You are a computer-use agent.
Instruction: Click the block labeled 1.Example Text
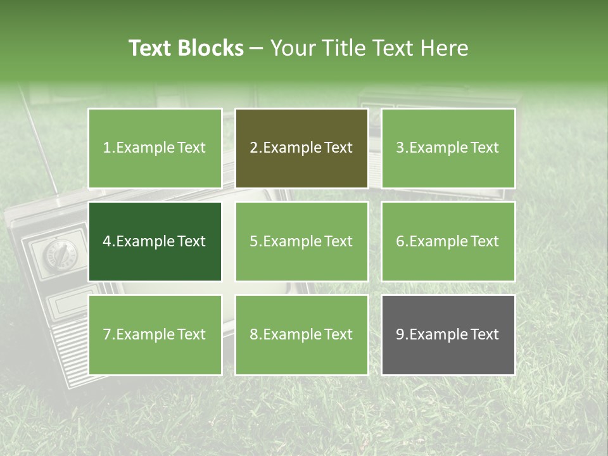(155, 148)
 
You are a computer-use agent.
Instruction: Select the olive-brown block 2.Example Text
(301, 148)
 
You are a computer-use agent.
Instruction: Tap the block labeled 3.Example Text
(448, 148)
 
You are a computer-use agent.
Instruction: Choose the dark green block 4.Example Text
(155, 241)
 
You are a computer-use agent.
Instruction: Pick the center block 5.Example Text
(301, 241)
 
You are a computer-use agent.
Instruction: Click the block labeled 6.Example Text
(448, 241)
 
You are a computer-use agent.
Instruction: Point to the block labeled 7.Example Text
(155, 334)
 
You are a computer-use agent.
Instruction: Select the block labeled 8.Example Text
(301, 334)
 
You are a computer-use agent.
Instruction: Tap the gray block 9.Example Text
(448, 334)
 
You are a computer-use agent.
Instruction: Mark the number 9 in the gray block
(400, 334)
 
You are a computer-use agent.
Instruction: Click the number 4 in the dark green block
(107, 241)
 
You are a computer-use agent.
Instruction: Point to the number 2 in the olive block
(253, 148)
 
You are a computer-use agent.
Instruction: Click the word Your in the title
(293, 48)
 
